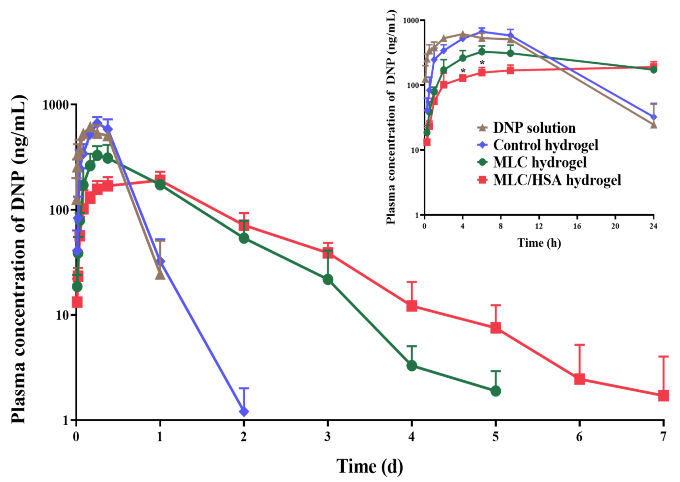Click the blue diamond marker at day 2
coord(244,412)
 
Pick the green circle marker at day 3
coord(328,279)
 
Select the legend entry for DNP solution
coord(534,128)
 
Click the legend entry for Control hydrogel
coord(545,145)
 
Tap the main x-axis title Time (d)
coord(369,466)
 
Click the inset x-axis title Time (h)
coord(539,243)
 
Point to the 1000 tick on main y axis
coord(55,105)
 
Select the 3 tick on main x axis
coord(327,437)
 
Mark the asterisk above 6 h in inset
coord(482,63)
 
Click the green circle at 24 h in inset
coord(653,70)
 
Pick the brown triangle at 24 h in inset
coord(653,124)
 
